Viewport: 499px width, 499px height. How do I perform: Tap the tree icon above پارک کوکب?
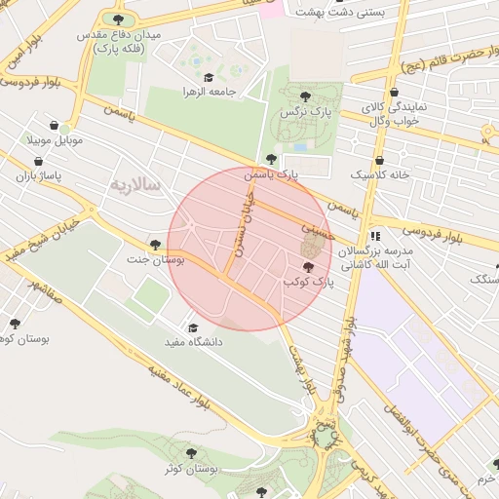pos(309,266)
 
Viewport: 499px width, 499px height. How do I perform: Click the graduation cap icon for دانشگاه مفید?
pos(192,328)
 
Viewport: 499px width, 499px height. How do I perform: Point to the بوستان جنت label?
pos(150,259)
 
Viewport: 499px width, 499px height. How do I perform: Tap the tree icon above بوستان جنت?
pos(155,244)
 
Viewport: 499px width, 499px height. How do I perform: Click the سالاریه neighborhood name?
pos(134,184)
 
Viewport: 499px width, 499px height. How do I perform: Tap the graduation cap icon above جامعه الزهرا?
pos(207,77)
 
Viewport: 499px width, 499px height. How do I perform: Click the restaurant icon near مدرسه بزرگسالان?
pos(375,237)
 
